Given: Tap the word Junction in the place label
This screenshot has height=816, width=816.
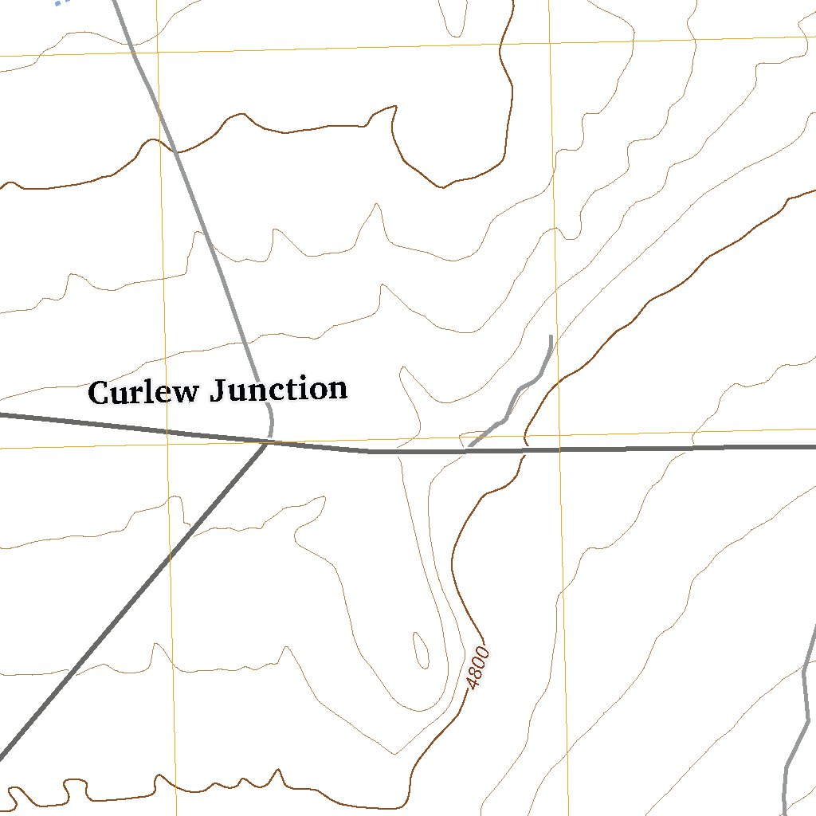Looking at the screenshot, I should tap(278, 390).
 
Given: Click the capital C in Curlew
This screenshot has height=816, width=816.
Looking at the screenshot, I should tap(99, 393).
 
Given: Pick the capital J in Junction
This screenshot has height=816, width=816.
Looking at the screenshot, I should tap(219, 391).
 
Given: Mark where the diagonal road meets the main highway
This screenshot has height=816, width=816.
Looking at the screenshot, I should tap(265, 444).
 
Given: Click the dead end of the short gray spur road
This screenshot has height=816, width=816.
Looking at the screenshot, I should tap(551, 337).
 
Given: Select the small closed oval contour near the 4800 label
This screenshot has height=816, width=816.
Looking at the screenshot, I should tap(420, 650).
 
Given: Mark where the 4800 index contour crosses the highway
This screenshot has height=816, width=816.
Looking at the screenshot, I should tap(524, 450).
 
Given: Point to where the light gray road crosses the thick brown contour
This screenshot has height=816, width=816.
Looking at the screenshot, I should tap(173, 148).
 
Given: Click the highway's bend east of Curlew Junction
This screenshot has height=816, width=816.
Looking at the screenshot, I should tap(368, 451).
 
